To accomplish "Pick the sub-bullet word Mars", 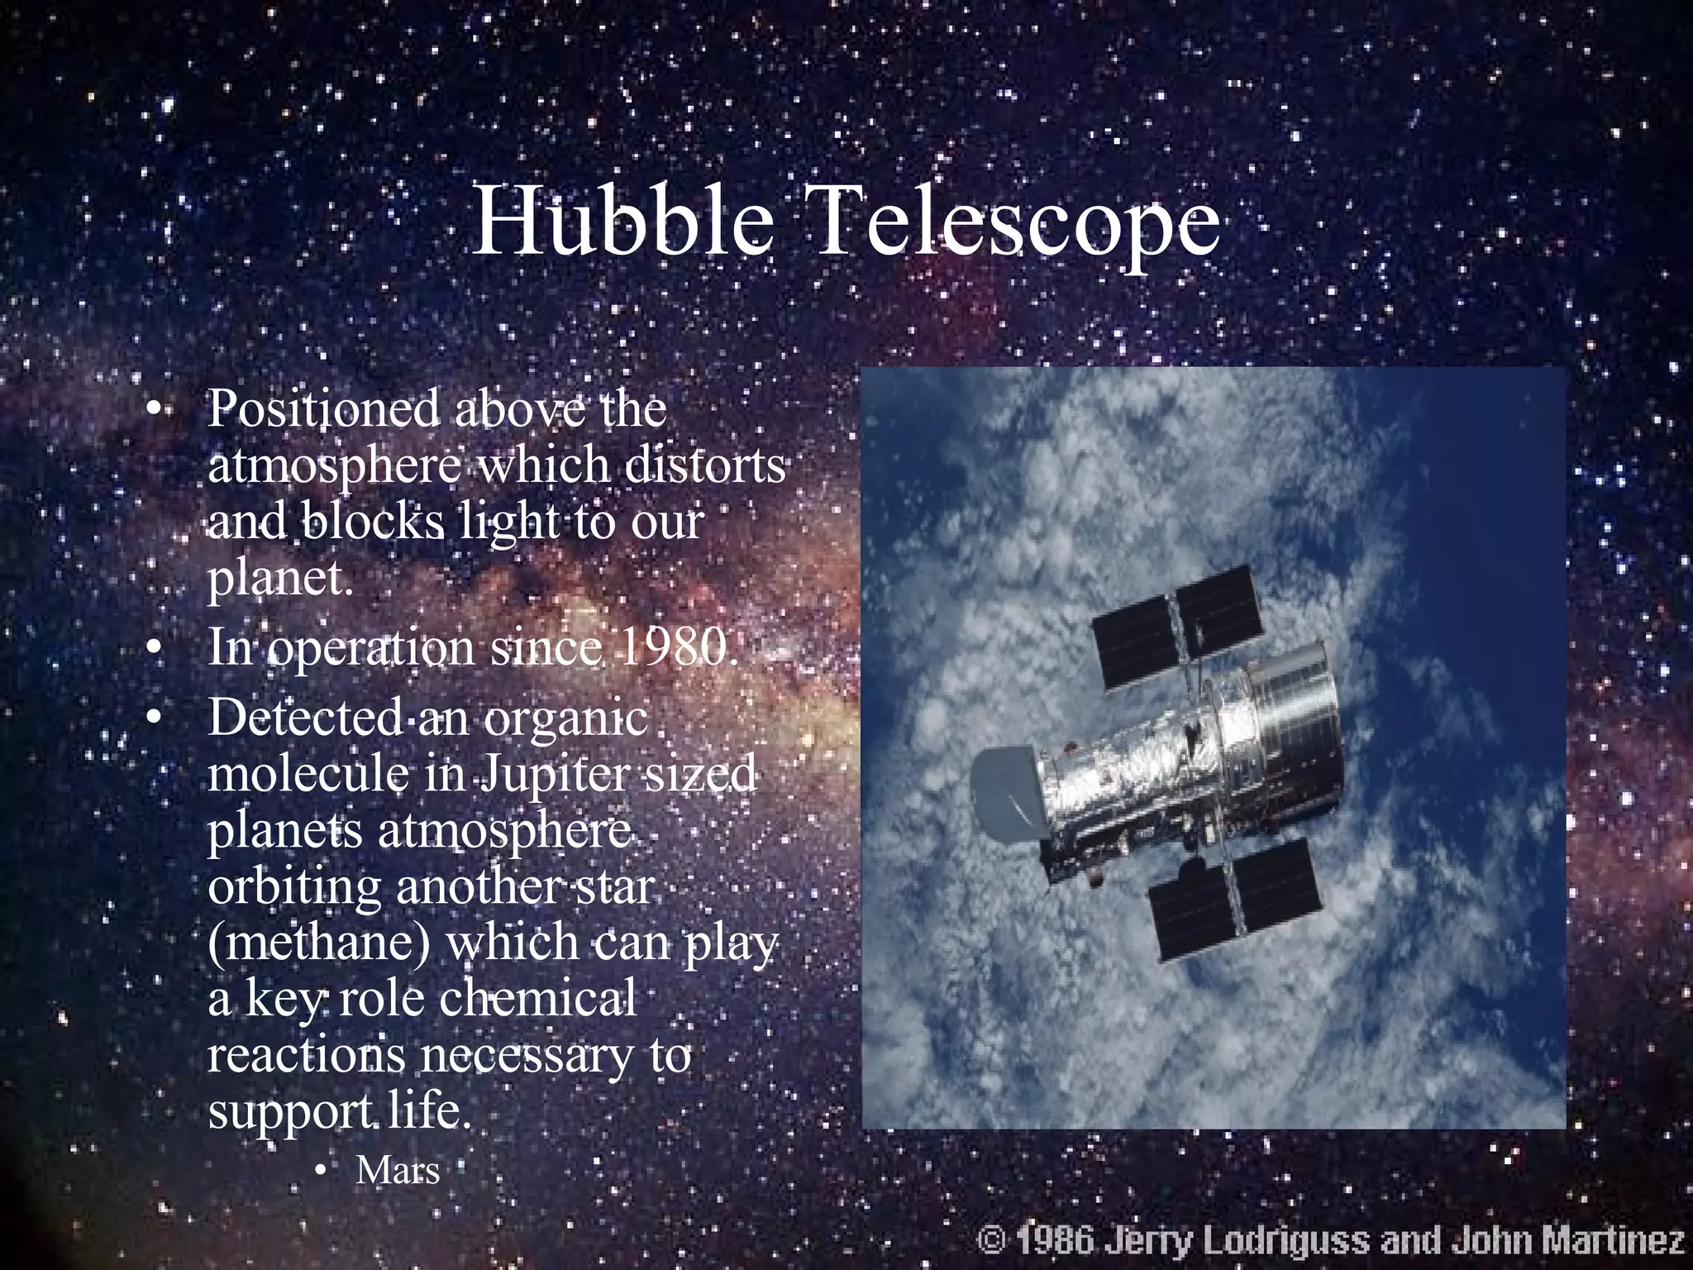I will click(x=398, y=1170).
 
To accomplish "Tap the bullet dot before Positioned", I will click(x=151, y=411).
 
